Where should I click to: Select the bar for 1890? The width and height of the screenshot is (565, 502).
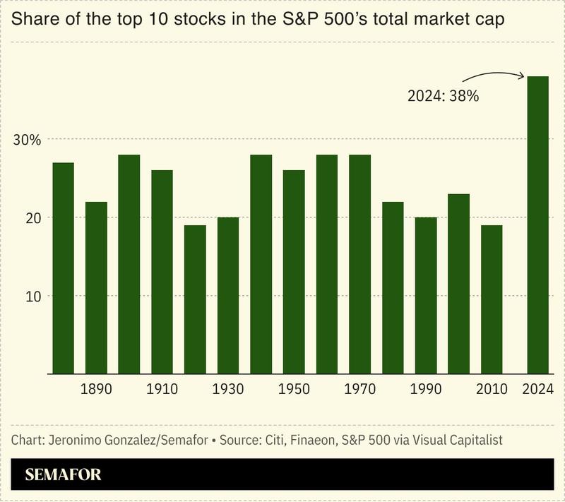tap(96, 287)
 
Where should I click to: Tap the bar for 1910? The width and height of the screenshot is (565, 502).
tap(162, 272)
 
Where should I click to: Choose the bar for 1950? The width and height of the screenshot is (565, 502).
tap(294, 272)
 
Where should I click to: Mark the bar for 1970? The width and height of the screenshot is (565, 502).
tap(359, 264)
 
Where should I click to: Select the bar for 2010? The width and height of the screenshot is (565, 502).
tap(492, 299)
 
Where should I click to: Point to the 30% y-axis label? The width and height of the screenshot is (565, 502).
tap(28, 139)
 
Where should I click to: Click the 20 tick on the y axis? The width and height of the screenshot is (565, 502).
tap(32, 217)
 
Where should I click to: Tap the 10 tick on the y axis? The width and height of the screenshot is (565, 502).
tap(32, 296)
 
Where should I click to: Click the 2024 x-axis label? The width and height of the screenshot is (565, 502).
tap(538, 389)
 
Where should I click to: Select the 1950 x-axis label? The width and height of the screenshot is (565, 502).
tap(294, 389)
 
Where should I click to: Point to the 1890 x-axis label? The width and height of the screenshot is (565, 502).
tap(96, 389)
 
